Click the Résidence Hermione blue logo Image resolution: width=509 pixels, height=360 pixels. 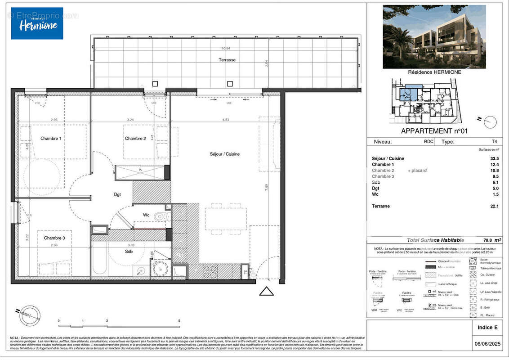[37, 23]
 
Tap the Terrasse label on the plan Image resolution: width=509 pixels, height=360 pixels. [227, 60]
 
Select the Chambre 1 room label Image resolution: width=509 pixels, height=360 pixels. [50, 139]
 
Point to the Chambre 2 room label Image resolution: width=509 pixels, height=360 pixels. [135, 139]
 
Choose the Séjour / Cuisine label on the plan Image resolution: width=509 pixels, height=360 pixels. [225, 154]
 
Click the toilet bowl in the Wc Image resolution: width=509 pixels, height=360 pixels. [159, 217]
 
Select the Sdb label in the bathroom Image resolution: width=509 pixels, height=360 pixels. [129, 252]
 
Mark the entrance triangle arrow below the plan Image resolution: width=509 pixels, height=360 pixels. [267, 292]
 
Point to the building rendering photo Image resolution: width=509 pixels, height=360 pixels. [434, 36]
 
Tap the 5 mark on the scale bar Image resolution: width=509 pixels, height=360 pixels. [179, 321]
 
